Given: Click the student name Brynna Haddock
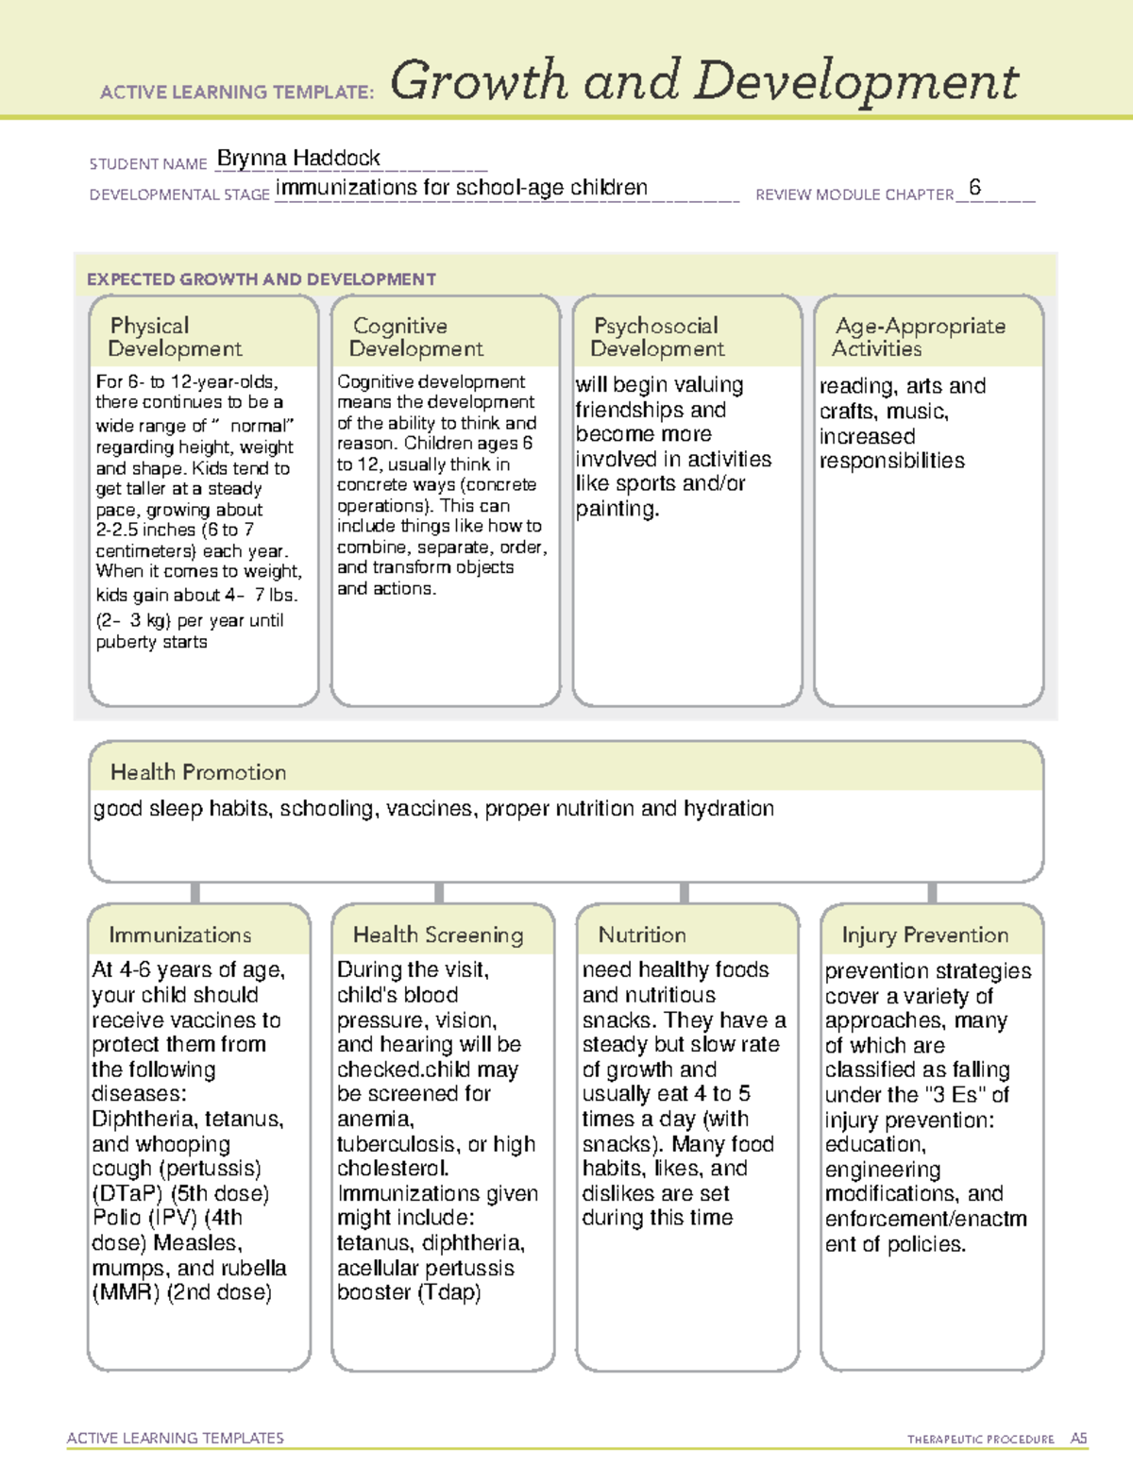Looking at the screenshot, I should tap(298, 159).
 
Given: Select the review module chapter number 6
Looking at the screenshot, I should tap(974, 188).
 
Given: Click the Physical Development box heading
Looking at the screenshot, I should tap(175, 337).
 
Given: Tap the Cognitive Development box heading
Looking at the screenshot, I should tap(415, 337).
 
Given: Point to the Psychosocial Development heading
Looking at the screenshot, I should tap(657, 337).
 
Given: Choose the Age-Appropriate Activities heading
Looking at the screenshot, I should tap(920, 337).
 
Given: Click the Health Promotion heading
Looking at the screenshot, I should tap(198, 772).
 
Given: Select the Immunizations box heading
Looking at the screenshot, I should tap(179, 935).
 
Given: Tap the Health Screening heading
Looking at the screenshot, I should tap(438, 935).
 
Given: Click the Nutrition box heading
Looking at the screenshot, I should tap(642, 935).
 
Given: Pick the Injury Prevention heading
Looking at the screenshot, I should tap(925, 935).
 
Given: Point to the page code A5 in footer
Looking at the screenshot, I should tap(1078, 1439).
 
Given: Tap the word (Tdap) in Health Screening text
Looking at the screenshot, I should tap(448, 1292).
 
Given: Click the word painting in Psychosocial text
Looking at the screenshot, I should tap(616, 509).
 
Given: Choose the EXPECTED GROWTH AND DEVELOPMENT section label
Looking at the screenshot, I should tap(262, 279).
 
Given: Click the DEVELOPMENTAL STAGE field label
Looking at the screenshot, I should tap(179, 194).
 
